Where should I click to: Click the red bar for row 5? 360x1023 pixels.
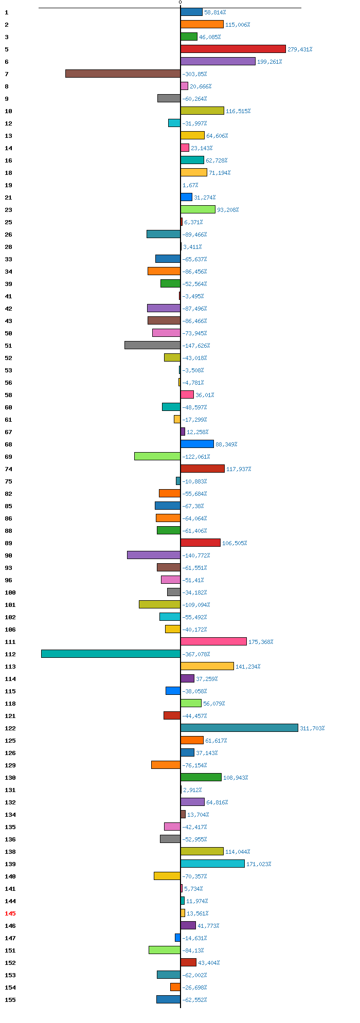pyautogui.click(x=233, y=49)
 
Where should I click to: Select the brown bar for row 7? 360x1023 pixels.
pyautogui.click(x=123, y=74)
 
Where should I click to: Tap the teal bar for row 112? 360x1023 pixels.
pyautogui.click(x=111, y=654)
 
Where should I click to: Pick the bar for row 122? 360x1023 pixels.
pyautogui.click(x=239, y=728)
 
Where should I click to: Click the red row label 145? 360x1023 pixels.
pyautogui.click(x=10, y=913)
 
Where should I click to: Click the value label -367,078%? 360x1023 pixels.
pyautogui.click(x=196, y=654)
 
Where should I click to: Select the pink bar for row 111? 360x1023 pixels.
pyautogui.click(x=213, y=641)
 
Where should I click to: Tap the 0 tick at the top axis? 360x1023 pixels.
pyautogui.click(x=180, y=3)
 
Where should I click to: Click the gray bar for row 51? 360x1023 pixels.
pyautogui.click(x=152, y=345)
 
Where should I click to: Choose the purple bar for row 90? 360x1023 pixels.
pyautogui.click(x=154, y=555)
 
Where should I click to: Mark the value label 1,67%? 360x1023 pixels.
pyautogui.click(x=190, y=185)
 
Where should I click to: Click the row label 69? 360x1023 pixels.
pyautogui.click(x=8, y=457)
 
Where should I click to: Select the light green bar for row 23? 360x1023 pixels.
pyautogui.click(x=198, y=209)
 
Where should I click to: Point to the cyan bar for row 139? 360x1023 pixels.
pyautogui.click(x=212, y=864)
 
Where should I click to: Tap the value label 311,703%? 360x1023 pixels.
pyautogui.click(x=312, y=728)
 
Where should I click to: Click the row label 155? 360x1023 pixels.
pyautogui.click(x=10, y=1000)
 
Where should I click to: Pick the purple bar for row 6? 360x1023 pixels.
pyautogui.click(x=218, y=61)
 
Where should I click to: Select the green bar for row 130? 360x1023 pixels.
pyautogui.click(x=201, y=777)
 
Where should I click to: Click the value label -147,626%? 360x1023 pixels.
pyautogui.click(x=196, y=346)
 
